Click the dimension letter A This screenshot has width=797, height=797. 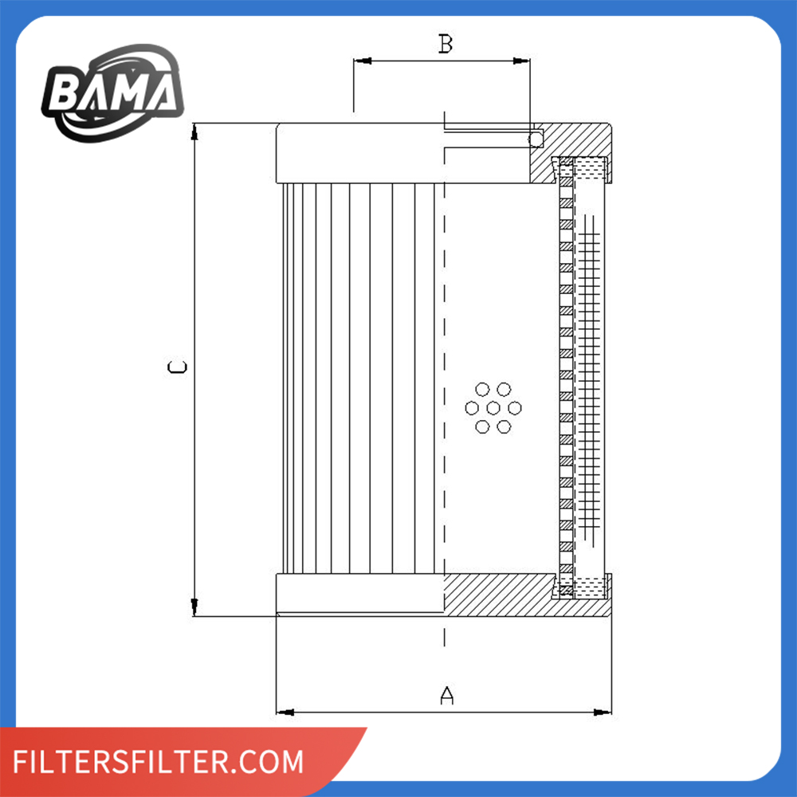click(x=446, y=695)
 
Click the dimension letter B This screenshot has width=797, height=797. click(x=446, y=44)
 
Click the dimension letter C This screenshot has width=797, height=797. click(x=177, y=367)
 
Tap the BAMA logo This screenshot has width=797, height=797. click(x=113, y=93)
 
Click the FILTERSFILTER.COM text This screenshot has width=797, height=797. click(x=158, y=761)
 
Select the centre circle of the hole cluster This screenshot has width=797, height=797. click(x=493, y=407)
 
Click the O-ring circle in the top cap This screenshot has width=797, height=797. click(x=536, y=139)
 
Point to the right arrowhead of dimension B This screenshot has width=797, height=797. click(x=521, y=61)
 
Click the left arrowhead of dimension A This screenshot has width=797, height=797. click(x=285, y=712)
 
